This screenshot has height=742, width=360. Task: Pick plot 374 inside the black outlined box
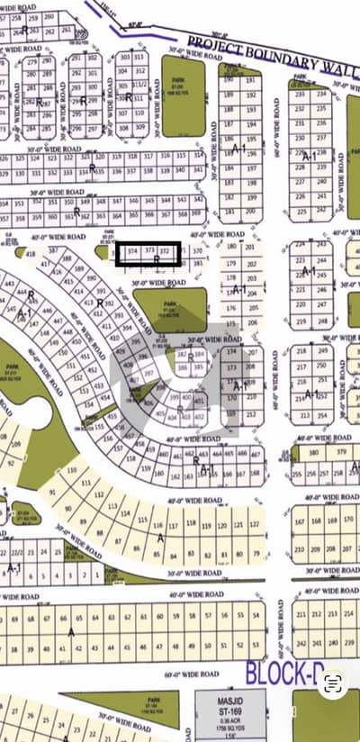click(132, 253)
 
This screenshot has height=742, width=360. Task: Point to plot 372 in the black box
click(165, 253)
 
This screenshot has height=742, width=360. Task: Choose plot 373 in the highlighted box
click(149, 253)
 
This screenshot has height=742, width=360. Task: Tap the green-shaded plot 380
click(314, 452)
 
